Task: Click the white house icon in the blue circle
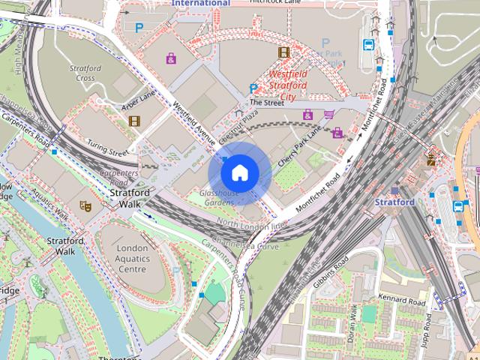[239, 172]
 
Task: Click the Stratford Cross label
[85, 73]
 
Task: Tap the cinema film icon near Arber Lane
[133, 121]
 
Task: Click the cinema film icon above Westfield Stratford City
[283, 52]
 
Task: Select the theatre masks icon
[85, 205]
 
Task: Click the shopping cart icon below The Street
[328, 114]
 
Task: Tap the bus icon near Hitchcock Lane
[368, 44]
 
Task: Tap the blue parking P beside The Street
[253, 89]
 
